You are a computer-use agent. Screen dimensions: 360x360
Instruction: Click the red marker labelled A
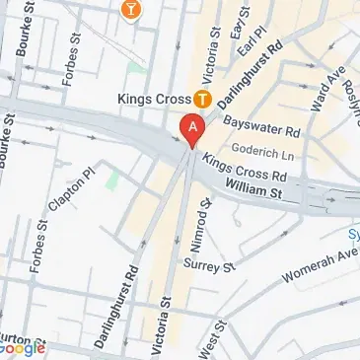click(192, 129)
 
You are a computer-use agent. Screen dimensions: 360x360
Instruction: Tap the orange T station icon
click(202, 99)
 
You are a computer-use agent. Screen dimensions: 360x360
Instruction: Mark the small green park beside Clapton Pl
click(112, 180)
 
